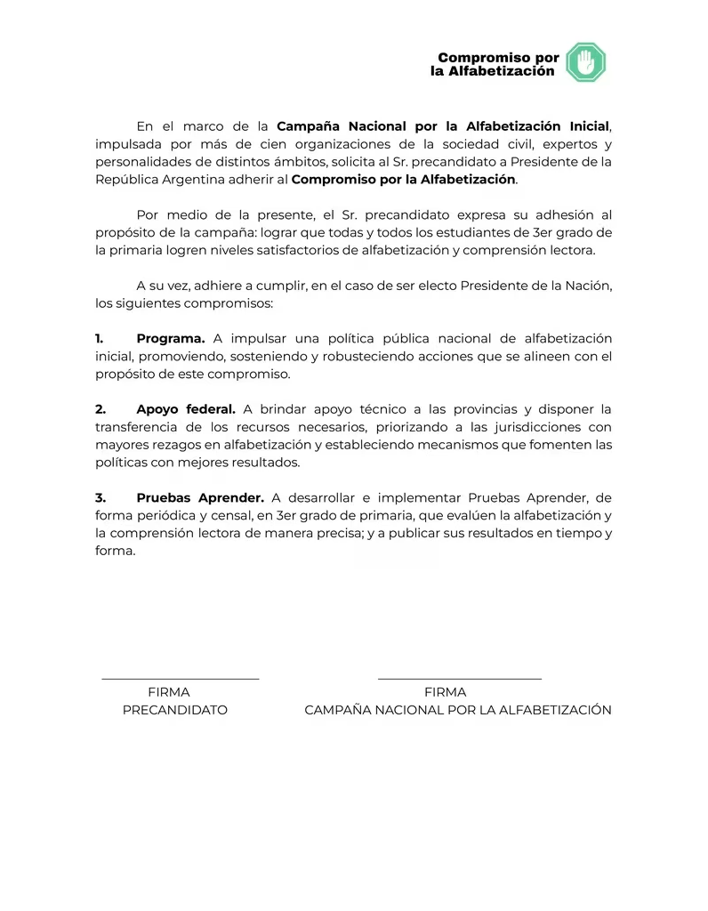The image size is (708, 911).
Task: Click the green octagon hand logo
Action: tap(585, 62)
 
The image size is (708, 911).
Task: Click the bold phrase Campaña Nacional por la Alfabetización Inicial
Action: tap(443, 126)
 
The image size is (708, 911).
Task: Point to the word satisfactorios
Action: tap(304, 250)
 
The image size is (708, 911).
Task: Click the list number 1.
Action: tap(100, 338)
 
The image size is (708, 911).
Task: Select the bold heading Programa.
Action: tap(171, 338)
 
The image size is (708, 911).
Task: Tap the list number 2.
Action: tap(101, 409)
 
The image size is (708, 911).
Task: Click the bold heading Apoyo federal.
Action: tap(186, 409)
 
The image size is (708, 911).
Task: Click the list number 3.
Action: tap(101, 497)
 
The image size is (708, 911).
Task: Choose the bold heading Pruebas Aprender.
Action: tap(200, 497)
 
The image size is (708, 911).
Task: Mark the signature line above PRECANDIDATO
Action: tap(180, 679)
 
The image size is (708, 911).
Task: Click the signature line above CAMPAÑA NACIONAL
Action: tap(459, 679)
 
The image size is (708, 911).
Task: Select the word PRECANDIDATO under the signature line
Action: tap(174, 710)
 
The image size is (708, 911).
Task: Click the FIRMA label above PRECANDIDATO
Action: tap(168, 692)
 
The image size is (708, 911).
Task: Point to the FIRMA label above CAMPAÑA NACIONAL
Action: tap(445, 692)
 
